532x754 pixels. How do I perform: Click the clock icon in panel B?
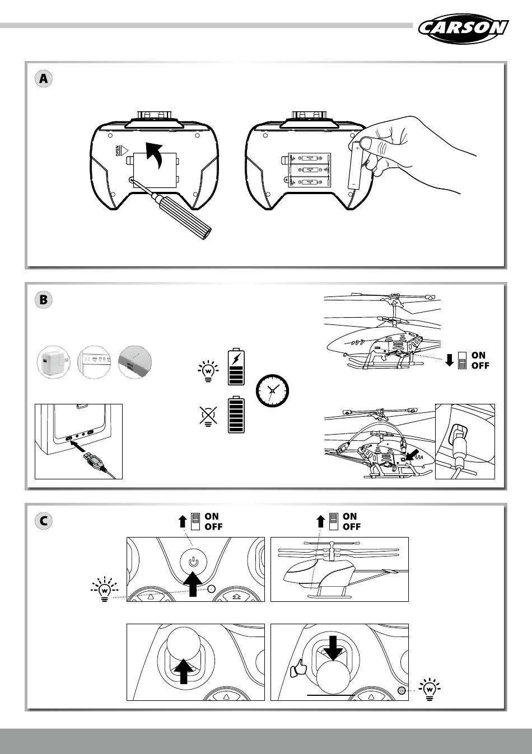pos(272,389)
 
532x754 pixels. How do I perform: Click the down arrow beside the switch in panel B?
pos(449,360)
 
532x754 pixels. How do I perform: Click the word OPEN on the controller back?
pos(118,151)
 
